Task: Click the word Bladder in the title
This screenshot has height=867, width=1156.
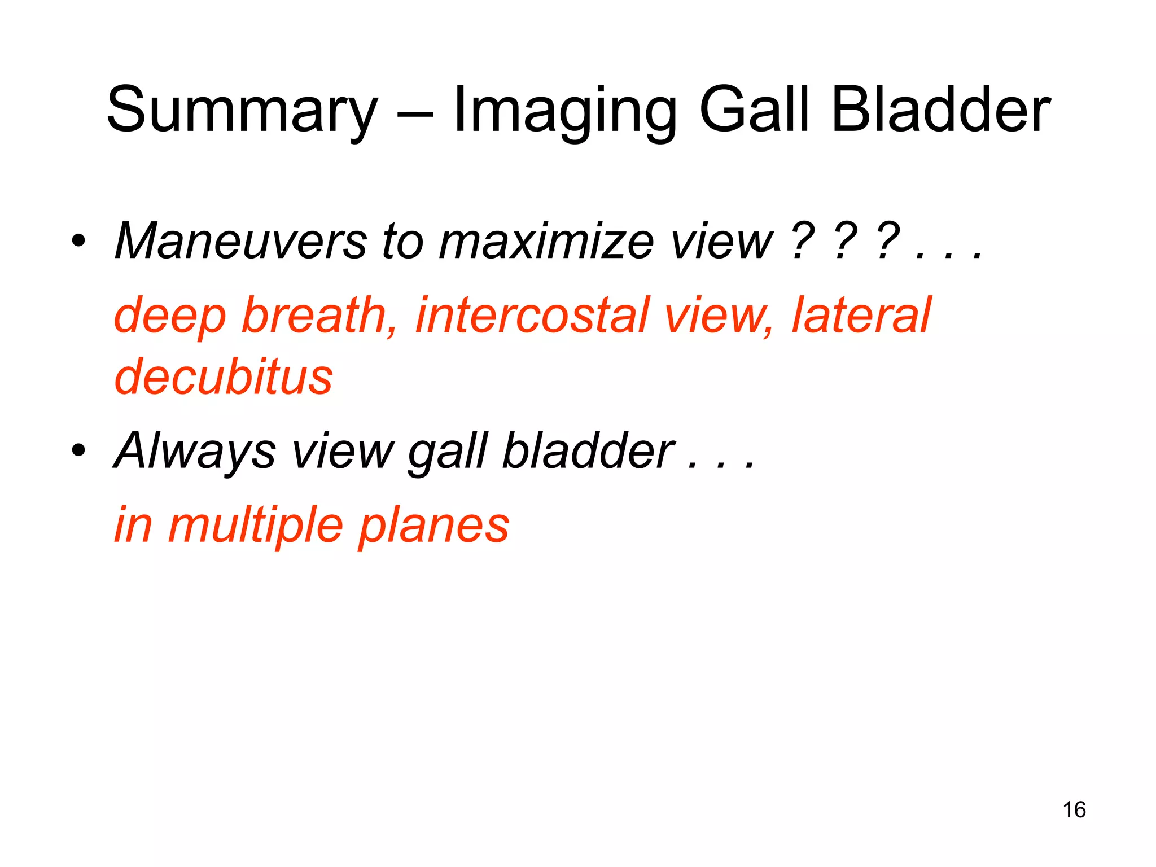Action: [940, 110]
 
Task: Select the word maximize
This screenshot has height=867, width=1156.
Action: [546, 242]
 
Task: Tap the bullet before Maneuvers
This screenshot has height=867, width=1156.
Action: [78, 242]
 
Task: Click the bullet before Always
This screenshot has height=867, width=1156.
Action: [78, 450]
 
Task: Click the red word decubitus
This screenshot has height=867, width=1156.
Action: [224, 376]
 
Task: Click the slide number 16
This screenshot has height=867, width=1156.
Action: [1074, 809]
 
